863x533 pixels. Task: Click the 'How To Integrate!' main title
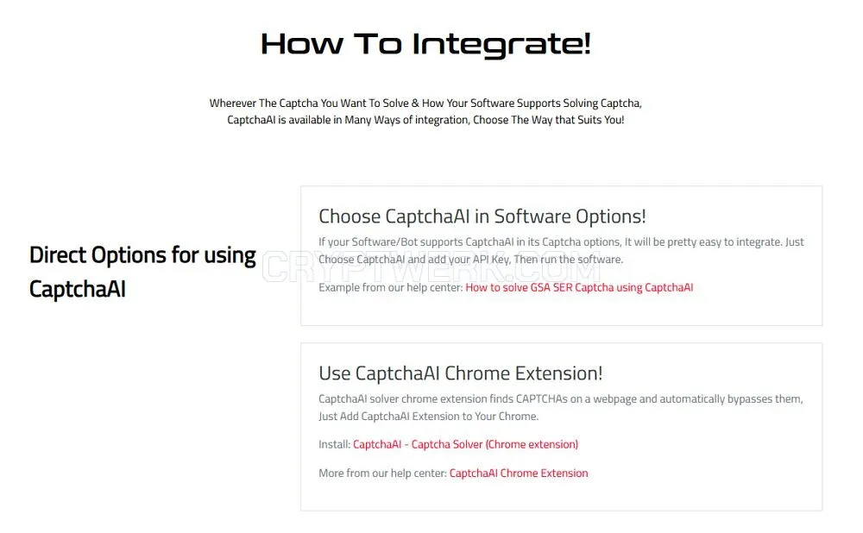425,44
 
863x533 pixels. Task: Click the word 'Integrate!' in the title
501,44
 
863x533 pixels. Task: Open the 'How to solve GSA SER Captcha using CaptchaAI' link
579,287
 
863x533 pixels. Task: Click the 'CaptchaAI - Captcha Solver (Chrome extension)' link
466,444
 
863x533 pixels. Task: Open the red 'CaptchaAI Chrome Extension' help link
519,473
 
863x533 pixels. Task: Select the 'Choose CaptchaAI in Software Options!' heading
482,216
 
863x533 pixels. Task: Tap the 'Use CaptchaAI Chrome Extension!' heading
461,373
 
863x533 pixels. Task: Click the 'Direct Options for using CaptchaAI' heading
142,272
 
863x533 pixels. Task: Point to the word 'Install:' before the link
334,444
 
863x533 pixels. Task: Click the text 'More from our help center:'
382,473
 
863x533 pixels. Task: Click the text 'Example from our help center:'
391,287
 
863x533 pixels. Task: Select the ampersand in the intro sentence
415,103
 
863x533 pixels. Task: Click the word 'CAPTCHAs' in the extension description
541,398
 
